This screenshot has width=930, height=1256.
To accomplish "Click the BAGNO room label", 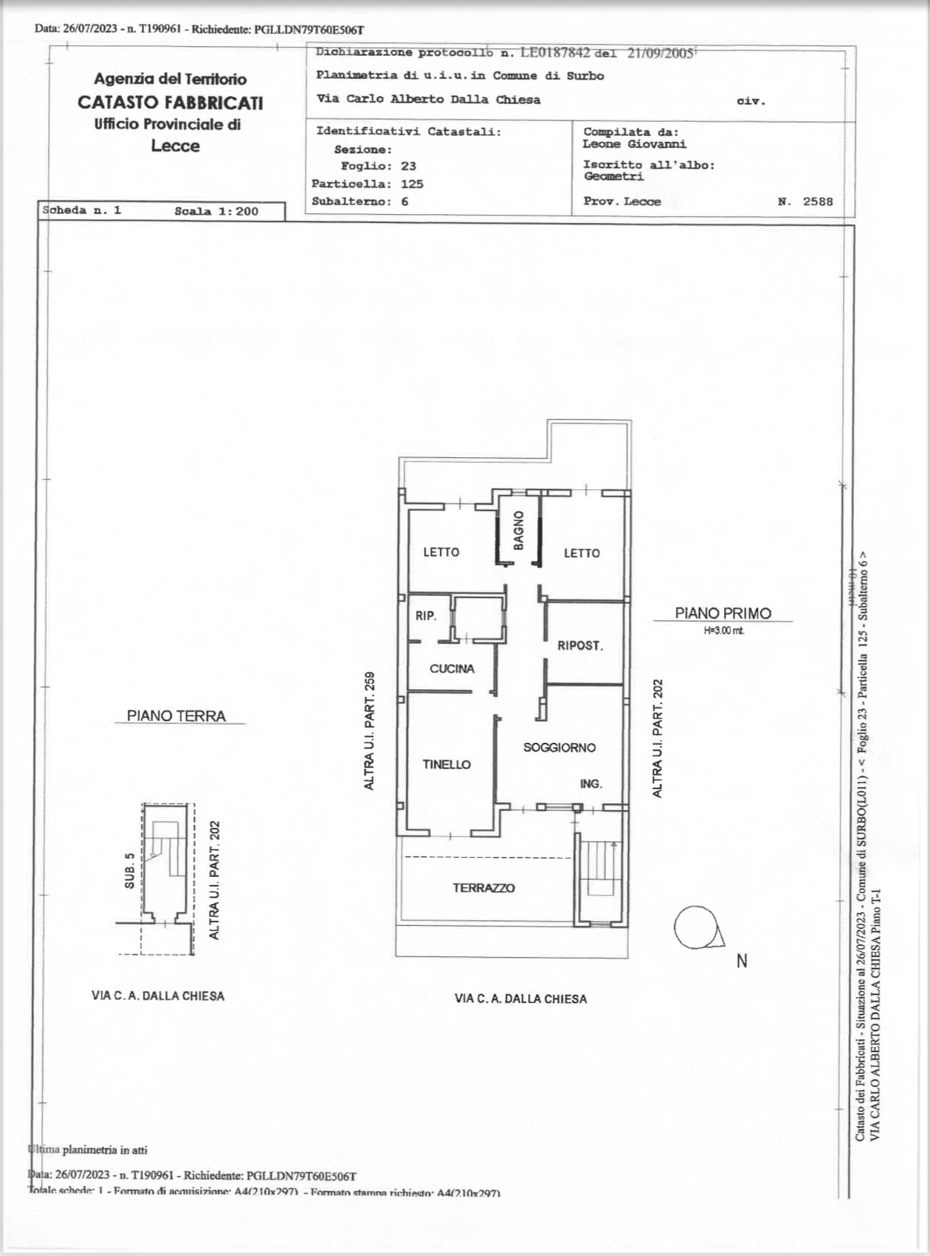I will click(x=519, y=530).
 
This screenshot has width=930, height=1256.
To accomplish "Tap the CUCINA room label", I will click(x=451, y=669).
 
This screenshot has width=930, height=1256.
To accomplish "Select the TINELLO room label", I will click(x=447, y=765).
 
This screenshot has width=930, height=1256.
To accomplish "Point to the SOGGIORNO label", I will click(x=559, y=748).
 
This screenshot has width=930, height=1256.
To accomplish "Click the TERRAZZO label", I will click(x=483, y=888).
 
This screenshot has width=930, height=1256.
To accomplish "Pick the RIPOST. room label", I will click(x=580, y=646).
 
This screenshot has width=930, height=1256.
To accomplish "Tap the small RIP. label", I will click(x=426, y=616).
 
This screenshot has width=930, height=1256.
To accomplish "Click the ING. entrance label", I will click(x=591, y=784).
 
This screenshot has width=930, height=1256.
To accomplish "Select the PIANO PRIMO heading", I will click(x=723, y=613).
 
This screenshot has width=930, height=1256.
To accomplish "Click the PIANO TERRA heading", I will click(x=176, y=716).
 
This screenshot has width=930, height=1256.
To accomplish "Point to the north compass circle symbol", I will click(x=695, y=927).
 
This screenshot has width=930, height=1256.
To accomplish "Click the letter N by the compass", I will click(x=742, y=960).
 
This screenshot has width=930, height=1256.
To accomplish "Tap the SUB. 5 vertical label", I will click(x=129, y=871).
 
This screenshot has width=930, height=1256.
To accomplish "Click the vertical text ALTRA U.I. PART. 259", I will click(x=369, y=731).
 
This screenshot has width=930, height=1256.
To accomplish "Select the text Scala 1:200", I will click(x=216, y=211).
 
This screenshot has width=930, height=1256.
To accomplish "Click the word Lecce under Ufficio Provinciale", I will click(x=175, y=146).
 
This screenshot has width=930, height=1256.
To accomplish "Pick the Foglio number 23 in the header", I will click(x=408, y=166).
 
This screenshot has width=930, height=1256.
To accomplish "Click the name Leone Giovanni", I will click(x=634, y=144).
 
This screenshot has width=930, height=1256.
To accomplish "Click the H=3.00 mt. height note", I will click(x=724, y=631).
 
